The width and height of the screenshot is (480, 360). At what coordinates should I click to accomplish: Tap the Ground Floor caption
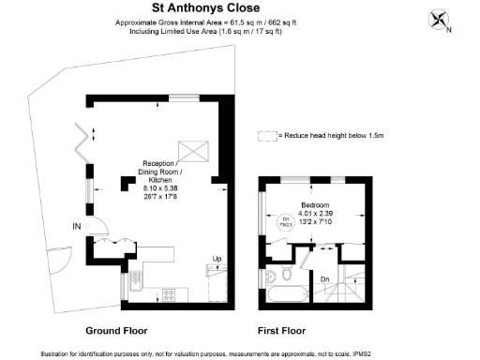tap(115, 331)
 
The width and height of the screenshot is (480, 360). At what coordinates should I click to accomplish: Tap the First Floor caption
tap(281, 331)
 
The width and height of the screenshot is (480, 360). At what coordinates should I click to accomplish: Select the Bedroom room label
tap(314, 204)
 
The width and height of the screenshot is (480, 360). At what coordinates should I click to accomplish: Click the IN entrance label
tap(76, 226)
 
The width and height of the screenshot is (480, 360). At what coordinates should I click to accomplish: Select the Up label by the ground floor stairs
tap(216, 259)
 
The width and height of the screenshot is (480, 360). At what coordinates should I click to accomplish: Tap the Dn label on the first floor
tap(324, 278)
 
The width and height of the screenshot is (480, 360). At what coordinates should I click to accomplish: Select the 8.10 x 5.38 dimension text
tap(157, 188)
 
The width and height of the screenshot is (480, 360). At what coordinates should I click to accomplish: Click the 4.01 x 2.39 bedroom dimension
tap(314, 213)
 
